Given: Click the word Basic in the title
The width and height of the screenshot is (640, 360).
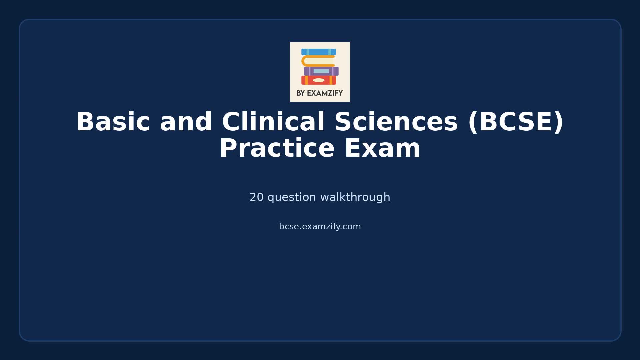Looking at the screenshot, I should pyautogui.click(x=113, y=122).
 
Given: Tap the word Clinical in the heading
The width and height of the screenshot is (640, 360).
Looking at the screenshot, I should pyautogui.click(x=273, y=122).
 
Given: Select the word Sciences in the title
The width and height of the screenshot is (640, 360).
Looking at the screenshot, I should pyautogui.click(x=396, y=122).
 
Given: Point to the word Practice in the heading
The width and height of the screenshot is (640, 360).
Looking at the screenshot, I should pyautogui.click(x=277, y=149).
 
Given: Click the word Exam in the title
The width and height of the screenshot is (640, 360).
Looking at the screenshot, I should pyautogui.click(x=382, y=149).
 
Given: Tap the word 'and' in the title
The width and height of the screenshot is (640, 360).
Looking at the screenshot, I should pyautogui.click(x=186, y=122).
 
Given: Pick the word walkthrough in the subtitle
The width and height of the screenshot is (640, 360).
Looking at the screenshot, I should pyautogui.click(x=355, y=197).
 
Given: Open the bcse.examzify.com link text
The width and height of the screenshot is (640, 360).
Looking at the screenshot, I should pyautogui.click(x=320, y=227).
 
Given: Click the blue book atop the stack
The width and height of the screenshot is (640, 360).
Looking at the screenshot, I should pyautogui.click(x=318, y=52).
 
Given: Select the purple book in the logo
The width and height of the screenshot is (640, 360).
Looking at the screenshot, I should pyautogui.click(x=321, y=71).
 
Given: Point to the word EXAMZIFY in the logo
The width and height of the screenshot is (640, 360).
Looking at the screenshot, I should pyautogui.click(x=325, y=93).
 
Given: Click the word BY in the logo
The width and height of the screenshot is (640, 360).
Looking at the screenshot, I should pyautogui.click(x=300, y=93).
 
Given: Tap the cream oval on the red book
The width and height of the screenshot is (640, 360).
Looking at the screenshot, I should pyautogui.click(x=319, y=80).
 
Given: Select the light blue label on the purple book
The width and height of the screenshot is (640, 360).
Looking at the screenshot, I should pyautogui.click(x=321, y=71).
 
